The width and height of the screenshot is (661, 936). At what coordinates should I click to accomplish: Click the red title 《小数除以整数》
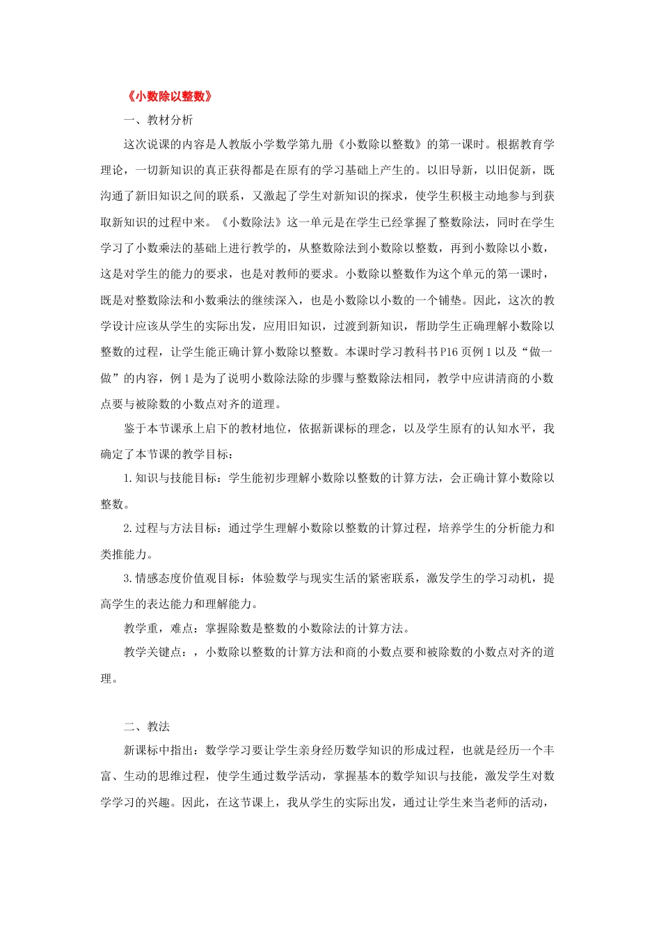click(x=170, y=96)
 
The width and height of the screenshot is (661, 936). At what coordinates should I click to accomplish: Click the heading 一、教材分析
click(x=158, y=120)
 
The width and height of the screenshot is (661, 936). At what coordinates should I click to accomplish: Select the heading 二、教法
click(x=147, y=726)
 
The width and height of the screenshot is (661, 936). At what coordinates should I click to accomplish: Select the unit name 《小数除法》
click(x=252, y=222)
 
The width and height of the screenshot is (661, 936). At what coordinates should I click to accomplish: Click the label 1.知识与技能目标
click(x=170, y=478)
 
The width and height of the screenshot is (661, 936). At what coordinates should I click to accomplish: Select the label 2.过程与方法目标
click(x=170, y=528)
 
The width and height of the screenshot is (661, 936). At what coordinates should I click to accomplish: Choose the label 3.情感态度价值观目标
click(x=182, y=578)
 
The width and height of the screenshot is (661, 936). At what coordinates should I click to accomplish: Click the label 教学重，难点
click(x=158, y=628)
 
